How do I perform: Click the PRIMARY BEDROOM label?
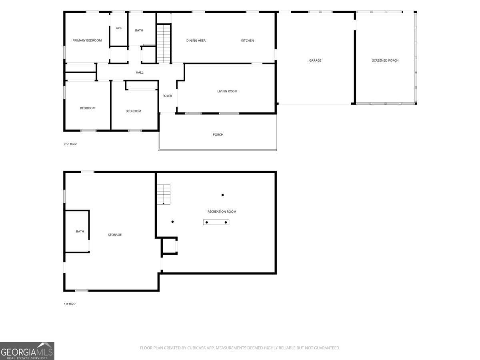pos(87,40)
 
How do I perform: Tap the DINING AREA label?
pos(196,40)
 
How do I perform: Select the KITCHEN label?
pos(248,40)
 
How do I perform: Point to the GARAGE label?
pos(315,60)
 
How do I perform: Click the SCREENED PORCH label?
pos(385,60)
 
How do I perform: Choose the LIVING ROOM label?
pos(227,91)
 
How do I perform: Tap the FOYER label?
pos(167,96)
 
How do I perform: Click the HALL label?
pos(140,72)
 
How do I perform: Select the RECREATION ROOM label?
pos(222,212)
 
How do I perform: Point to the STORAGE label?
pos(115,235)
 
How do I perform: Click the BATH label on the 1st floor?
pos(80,232)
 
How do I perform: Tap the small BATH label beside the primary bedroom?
pos(119,28)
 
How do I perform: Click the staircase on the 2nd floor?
pos(164,44)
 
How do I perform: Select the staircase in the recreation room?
pos(164,194)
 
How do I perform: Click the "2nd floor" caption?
pos(70,144)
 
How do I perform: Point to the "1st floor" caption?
pos(70,304)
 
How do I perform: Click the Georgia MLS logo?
pos(27,351)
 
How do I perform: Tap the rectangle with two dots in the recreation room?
pos(216,222)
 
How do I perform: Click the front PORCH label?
pos(218,135)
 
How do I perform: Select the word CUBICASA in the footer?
pos(196,348)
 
